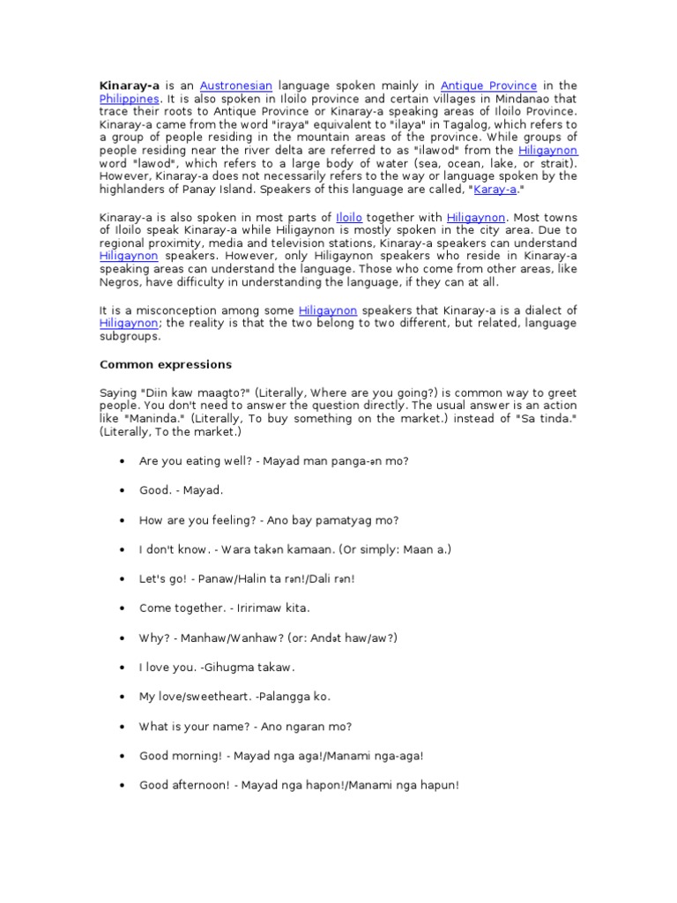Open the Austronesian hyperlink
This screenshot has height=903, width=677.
[x=235, y=86]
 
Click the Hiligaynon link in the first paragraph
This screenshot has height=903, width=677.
[x=547, y=151]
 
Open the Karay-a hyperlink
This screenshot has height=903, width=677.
[x=495, y=190]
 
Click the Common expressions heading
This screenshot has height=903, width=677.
[x=166, y=364]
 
